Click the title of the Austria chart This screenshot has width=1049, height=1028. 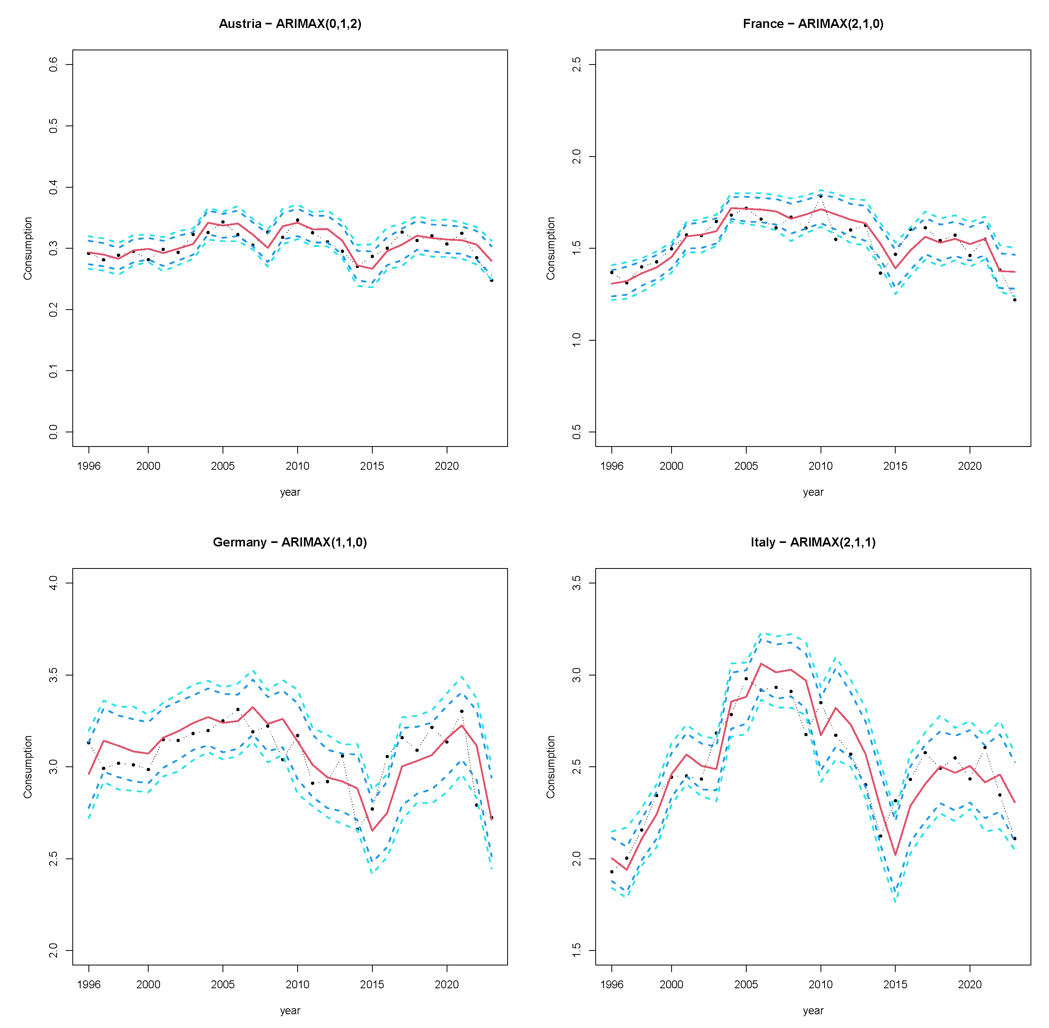pos(290,24)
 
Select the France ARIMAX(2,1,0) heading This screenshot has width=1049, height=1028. pos(813,24)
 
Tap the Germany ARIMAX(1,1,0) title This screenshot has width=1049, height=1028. pos(290,542)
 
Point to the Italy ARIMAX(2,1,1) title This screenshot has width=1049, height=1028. pos(813,542)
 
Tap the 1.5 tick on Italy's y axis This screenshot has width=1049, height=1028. pos(576,950)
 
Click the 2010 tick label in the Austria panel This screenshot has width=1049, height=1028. pos(297,466)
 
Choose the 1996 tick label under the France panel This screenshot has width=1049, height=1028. pos(611,466)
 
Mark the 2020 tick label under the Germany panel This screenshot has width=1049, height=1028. pos(446,984)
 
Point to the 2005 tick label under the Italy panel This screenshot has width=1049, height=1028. pos(746,984)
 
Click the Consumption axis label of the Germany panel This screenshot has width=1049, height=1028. pos(28,767)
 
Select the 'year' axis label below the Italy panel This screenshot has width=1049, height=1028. pos(813,1010)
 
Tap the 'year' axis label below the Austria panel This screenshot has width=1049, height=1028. pos(290,492)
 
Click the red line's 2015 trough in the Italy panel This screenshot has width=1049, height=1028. pos(895,855)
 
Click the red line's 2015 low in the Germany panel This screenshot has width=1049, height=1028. pos(372,831)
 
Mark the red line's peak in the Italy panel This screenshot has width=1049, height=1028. pos(761,664)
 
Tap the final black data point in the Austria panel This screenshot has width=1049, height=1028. pos(491,280)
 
